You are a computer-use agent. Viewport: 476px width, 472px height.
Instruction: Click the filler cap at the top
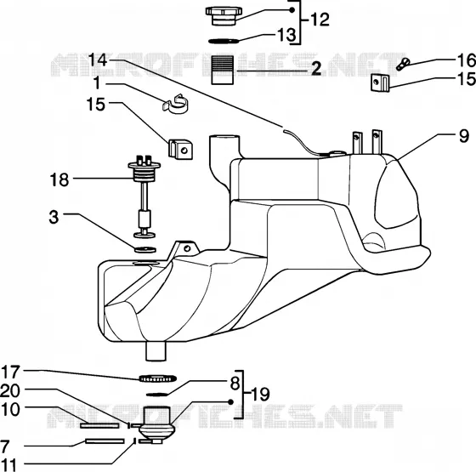pyautogui.click(x=224, y=16)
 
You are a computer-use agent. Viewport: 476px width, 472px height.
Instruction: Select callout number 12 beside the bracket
pyautogui.click(x=320, y=20)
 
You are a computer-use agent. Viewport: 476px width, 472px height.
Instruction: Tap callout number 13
pyautogui.click(x=286, y=35)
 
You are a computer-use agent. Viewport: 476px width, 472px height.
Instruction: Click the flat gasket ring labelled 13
pyautogui.click(x=224, y=41)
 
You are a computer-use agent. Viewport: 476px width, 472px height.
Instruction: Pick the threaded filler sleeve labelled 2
pyautogui.click(x=223, y=70)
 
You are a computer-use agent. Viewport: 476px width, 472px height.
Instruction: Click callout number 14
pyautogui.click(x=98, y=60)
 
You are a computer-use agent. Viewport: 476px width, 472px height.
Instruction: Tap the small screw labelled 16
pyautogui.click(x=403, y=64)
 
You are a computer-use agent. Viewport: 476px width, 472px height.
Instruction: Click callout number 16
pyautogui.click(x=467, y=60)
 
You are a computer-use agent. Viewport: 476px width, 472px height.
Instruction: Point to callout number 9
pyautogui.click(x=464, y=136)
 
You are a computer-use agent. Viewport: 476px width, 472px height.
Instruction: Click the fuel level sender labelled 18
pyautogui.click(x=144, y=196)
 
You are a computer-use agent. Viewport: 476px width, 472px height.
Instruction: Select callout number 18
pyautogui.click(x=59, y=179)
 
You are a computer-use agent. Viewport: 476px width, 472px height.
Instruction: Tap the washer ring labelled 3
pyautogui.click(x=144, y=250)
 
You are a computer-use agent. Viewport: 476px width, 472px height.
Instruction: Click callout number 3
pyautogui.click(x=54, y=217)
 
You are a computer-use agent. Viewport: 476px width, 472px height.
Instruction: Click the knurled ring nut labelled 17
pyautogui.click(x=157, y=378)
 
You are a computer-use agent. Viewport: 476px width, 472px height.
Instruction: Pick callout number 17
pyautogui.click(x=11, y=372)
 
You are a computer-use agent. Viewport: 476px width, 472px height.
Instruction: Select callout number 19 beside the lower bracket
pyautogui.click(x=260, y=395)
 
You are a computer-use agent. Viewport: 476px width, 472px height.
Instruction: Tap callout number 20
pyautogui.click(x=10, y=391)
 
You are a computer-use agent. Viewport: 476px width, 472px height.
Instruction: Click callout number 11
pyautogui.click(x=8, y=464)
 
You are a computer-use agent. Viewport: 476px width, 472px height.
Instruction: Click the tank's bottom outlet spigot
pyautogui.click(x=156, y=351)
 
